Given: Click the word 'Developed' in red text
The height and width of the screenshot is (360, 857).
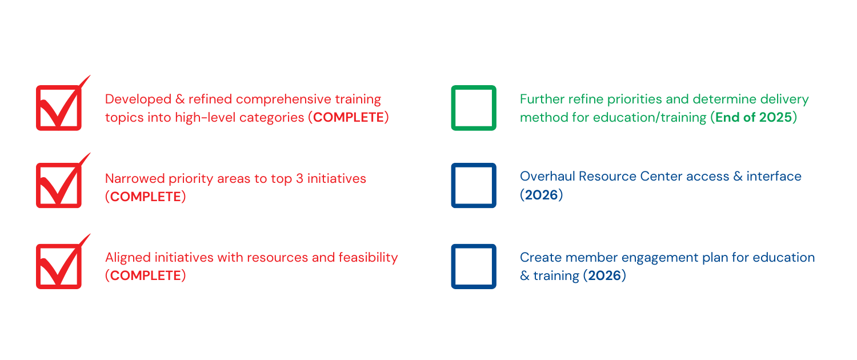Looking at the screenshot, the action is pos(138,99).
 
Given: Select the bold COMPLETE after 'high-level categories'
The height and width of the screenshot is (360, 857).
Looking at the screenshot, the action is pos(348,118).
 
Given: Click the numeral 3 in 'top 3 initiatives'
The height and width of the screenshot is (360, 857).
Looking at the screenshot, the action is pos(299,179).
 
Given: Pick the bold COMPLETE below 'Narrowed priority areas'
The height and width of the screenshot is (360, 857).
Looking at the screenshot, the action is pos(145,197).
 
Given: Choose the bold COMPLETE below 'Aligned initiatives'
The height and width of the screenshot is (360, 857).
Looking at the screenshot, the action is pos(145,275).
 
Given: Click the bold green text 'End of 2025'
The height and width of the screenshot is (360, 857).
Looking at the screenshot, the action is pos(754,118).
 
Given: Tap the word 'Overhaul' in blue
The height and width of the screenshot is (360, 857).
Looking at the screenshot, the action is pos(547,177).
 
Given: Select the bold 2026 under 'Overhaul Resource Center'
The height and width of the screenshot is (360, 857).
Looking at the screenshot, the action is pos(542,195).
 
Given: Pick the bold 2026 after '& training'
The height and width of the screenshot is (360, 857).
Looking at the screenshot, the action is pos(604,275).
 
